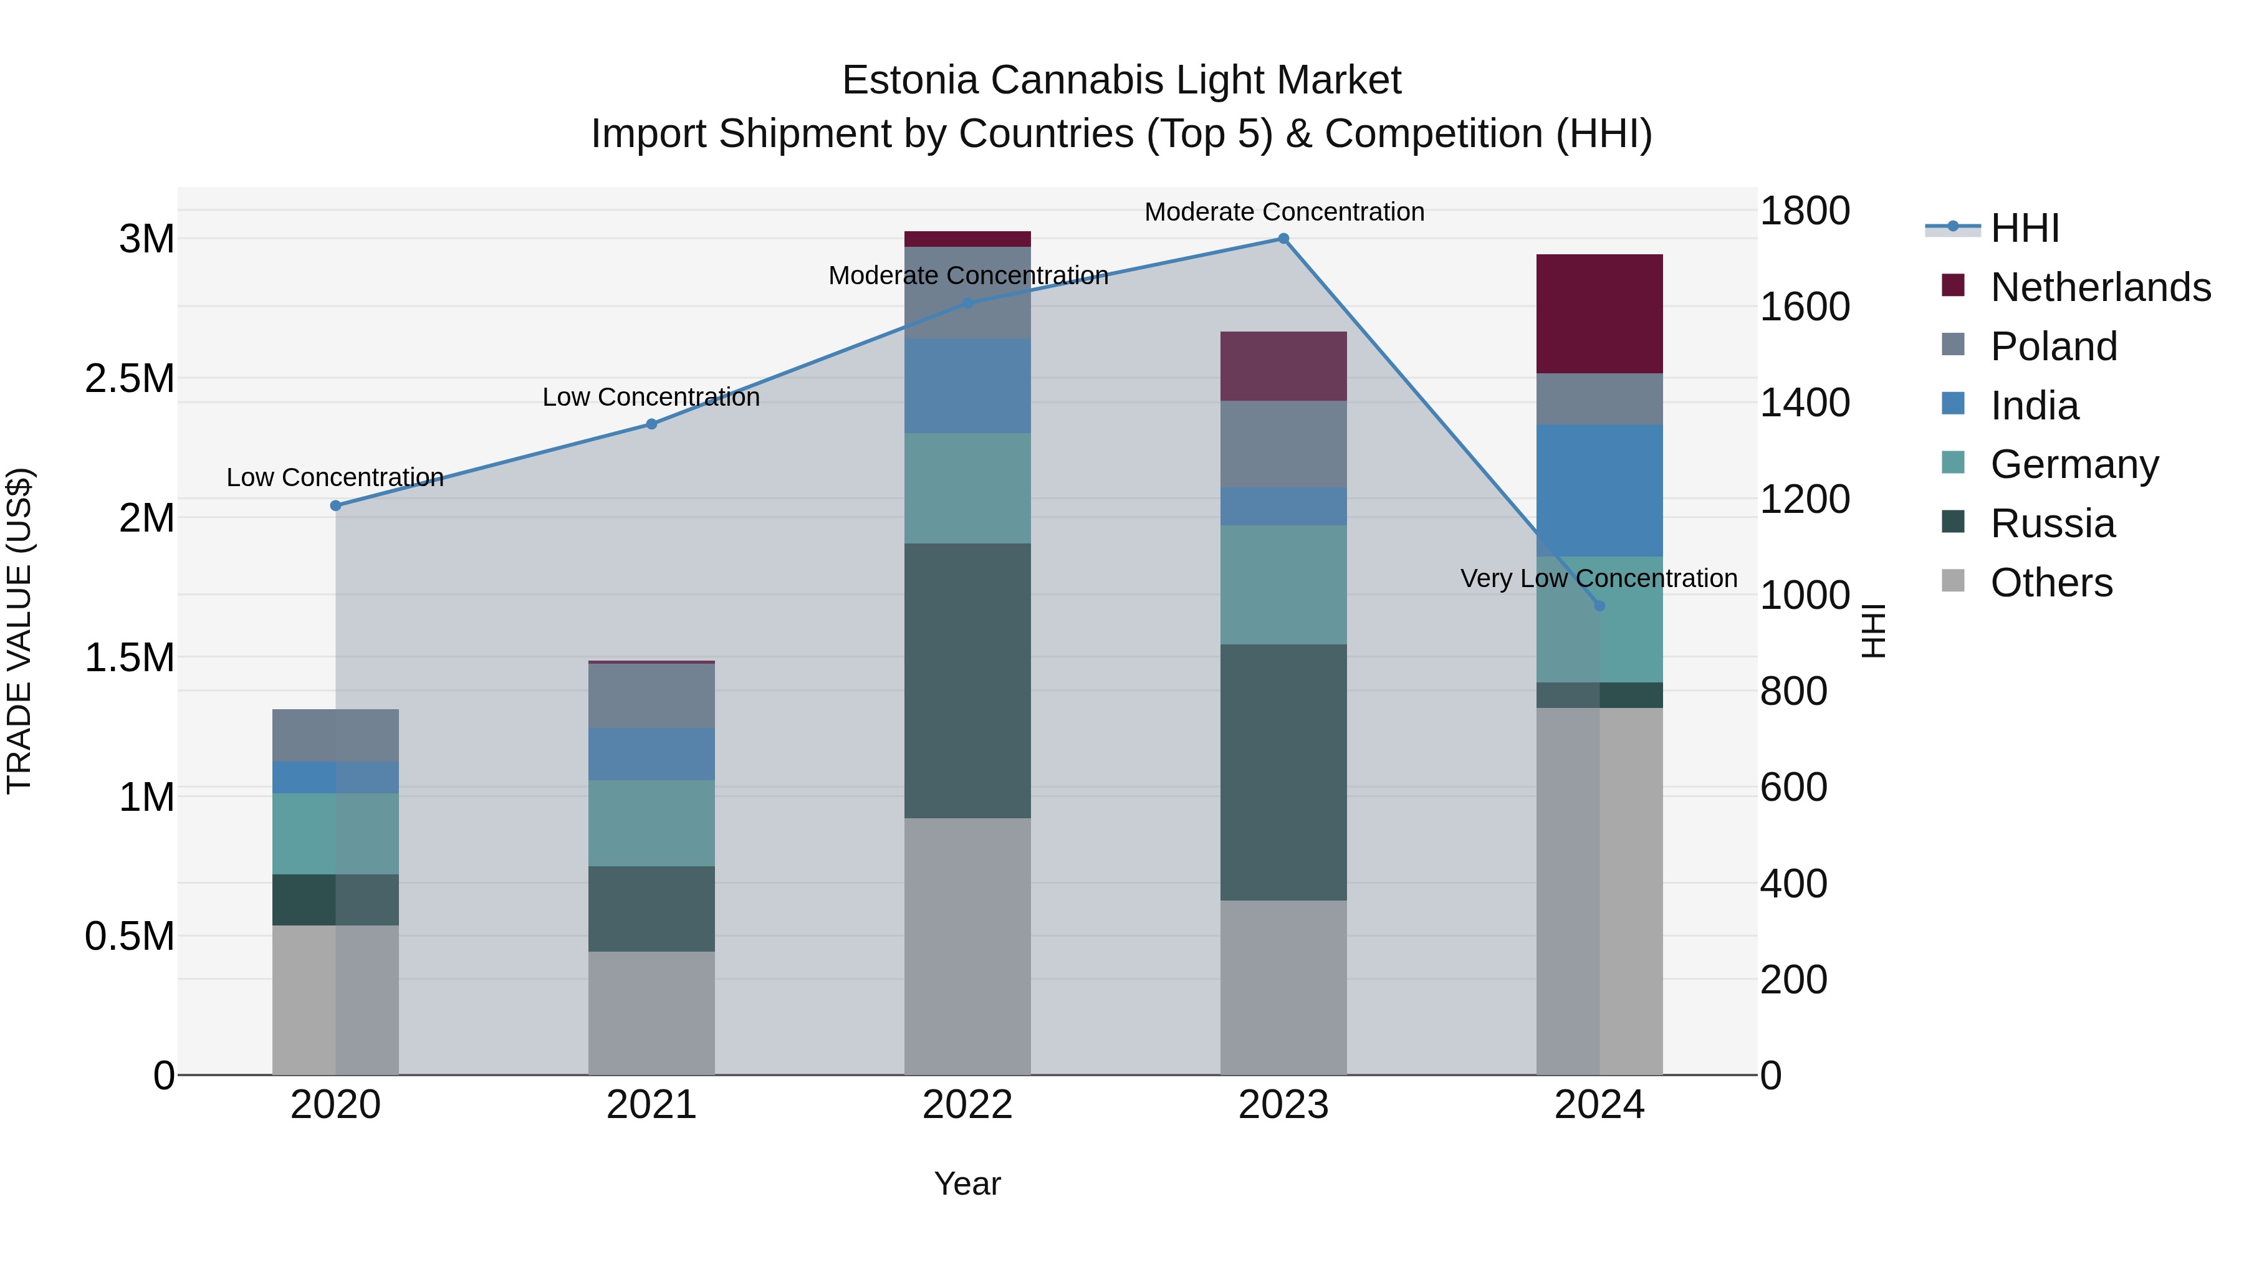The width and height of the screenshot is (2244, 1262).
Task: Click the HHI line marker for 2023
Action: [x=1283, y=239]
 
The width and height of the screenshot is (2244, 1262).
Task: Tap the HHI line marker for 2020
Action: [x=335, y=505]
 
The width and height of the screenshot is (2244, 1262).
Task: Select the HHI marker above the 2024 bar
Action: [x=1599, y=605]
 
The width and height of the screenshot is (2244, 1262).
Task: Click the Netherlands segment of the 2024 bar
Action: [x=1599, y=313]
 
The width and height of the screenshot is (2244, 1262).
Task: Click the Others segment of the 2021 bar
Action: [x=651, y=1012]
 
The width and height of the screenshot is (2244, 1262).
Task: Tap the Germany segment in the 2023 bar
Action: [x=1283, y=585]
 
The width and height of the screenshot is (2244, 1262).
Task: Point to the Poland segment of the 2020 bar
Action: [x=335, y=735]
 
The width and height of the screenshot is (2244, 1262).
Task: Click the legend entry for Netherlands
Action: [x=2099, y=287]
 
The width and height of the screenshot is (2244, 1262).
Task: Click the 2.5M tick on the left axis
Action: [x=130, y=379]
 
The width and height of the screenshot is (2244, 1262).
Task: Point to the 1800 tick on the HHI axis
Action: [x=1804, y=211]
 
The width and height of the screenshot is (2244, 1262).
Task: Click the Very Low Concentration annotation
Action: [x=1598, y=578]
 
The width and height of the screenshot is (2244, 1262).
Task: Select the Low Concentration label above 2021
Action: [x=651, y=397]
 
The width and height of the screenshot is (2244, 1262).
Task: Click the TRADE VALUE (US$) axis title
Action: [x=19, y=631]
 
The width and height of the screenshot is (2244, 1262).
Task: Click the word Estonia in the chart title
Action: [x=909, y=80]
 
